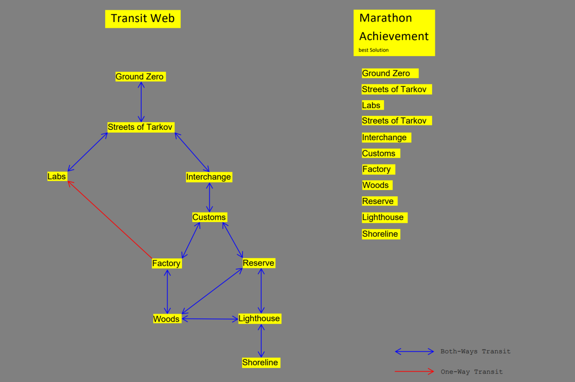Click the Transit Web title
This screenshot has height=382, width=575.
click(x=143, y=18)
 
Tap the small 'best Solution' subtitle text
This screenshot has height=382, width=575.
click(x=373, y=50)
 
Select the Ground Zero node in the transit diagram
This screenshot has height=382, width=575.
click(x=140, y=77)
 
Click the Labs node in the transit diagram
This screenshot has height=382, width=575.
click(x=57, y=177)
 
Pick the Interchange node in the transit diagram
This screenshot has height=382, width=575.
click(x=208, y=177)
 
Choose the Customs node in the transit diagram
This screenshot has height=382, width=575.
click(x=209, y=218)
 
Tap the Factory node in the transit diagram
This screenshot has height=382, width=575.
click(x=166, y=263)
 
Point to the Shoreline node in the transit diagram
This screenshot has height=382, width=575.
click(x=260, y=363)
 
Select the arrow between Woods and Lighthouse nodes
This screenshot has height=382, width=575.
click(x=210, y=319)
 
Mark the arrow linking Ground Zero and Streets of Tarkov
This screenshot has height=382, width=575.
click(x=141, y=102)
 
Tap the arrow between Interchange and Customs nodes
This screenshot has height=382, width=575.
click(x=209, y=197)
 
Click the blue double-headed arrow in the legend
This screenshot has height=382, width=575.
click(x=414, y=351)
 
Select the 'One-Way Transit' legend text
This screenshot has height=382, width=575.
click(x=471, y=372)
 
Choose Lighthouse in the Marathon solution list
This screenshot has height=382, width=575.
click(x=383, y=218)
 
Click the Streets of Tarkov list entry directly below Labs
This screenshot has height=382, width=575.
click(x=394, y=121)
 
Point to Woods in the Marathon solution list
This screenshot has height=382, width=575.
click(x=375, y=185)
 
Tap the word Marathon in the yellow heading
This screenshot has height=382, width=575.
click(x=385, y=18)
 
